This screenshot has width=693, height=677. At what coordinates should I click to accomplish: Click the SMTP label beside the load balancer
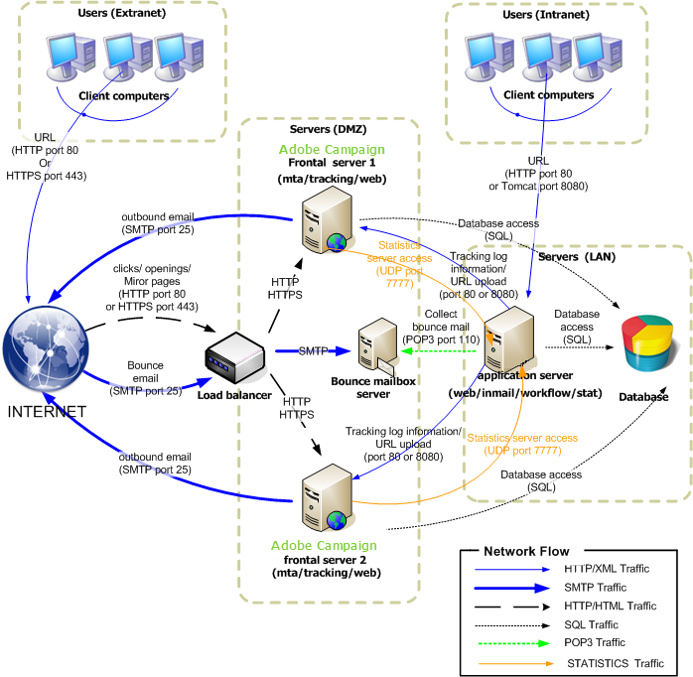click(314, 350)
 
